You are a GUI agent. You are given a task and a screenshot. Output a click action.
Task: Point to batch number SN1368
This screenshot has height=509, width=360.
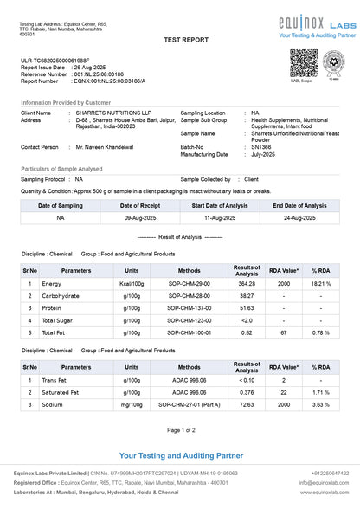[263, 147]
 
